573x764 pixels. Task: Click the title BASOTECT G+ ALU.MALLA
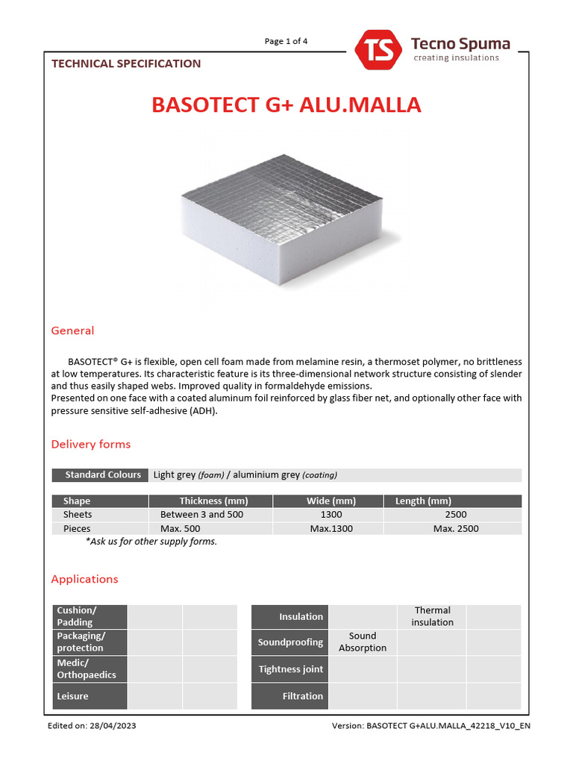click(286, 105)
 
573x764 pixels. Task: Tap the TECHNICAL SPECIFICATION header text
click(126, 63)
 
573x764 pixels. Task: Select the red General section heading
click(72, 331)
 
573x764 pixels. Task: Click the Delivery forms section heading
click(90, 444)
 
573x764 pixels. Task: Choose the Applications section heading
click(84, 579)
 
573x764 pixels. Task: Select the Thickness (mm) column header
click(213, 501)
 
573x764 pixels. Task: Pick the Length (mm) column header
click(424, 501)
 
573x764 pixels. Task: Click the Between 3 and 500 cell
click(201, 515)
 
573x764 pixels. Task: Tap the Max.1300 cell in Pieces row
click(331, 528)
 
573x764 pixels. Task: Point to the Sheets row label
click(78, 515)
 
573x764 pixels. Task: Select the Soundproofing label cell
click(290, 642)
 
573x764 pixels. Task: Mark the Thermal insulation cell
click(432, 616)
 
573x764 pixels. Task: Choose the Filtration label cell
click(290, 696)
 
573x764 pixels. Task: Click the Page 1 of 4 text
click(286, 41)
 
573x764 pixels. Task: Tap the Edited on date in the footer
click(92, 725)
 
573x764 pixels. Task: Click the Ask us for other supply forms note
click(151, 542)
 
